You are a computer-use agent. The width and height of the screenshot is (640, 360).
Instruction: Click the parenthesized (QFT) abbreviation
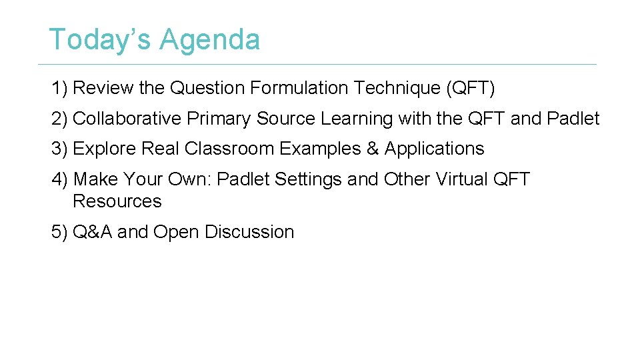point(471,88)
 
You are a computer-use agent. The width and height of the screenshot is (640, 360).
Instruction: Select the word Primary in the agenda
point(219,119)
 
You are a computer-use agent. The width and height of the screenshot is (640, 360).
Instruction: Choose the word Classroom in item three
point(230,149)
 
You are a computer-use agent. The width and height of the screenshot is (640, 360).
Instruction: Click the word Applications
point(434,149)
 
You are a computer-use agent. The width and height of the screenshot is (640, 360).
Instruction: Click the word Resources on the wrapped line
point(117,201)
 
